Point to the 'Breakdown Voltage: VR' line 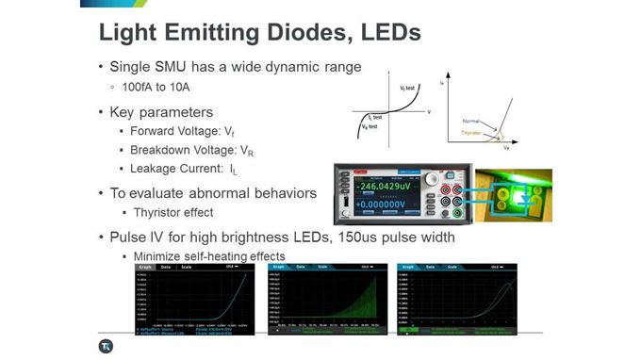(190, 151)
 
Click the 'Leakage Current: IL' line (182, 170)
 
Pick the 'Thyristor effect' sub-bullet (173, 212)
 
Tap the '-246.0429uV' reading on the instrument (383, 186)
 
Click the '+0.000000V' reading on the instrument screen (381, 202)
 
